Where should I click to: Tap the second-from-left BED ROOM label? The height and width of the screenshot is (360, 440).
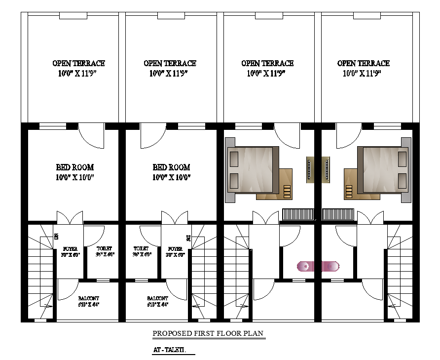point(171,167)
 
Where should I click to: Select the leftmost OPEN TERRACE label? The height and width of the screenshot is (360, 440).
point(78,63)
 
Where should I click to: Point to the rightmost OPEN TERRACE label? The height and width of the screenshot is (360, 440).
point(364,63)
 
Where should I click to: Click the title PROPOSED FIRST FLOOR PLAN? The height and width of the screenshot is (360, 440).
point(209,333)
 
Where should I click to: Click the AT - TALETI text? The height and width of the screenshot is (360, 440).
point(169,350)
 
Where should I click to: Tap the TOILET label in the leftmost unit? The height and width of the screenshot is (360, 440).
point(104,248)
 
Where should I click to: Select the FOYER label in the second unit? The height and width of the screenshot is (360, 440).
point(176,249)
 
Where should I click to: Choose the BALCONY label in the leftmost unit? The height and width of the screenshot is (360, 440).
point(89,298)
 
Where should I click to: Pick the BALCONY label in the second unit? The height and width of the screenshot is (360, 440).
point(157,298)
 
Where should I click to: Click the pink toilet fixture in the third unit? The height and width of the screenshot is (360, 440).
point(306,267)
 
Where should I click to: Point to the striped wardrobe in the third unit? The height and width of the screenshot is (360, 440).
point(298,214)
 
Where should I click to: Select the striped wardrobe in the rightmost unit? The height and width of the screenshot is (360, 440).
point(338,214)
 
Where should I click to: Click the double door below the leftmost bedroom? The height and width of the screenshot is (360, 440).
point(69,218)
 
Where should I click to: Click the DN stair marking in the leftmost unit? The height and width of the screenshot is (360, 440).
point(56,237)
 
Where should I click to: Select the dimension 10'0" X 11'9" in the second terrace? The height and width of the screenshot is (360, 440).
point(170,74)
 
